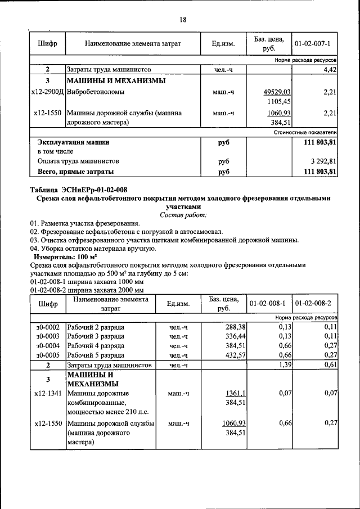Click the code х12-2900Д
48,92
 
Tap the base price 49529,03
277,92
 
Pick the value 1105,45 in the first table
280,102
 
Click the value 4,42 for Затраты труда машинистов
329,70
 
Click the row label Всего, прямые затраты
75,171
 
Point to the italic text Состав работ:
183,215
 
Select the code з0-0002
48,327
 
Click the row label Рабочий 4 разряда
96,346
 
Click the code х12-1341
48,393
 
